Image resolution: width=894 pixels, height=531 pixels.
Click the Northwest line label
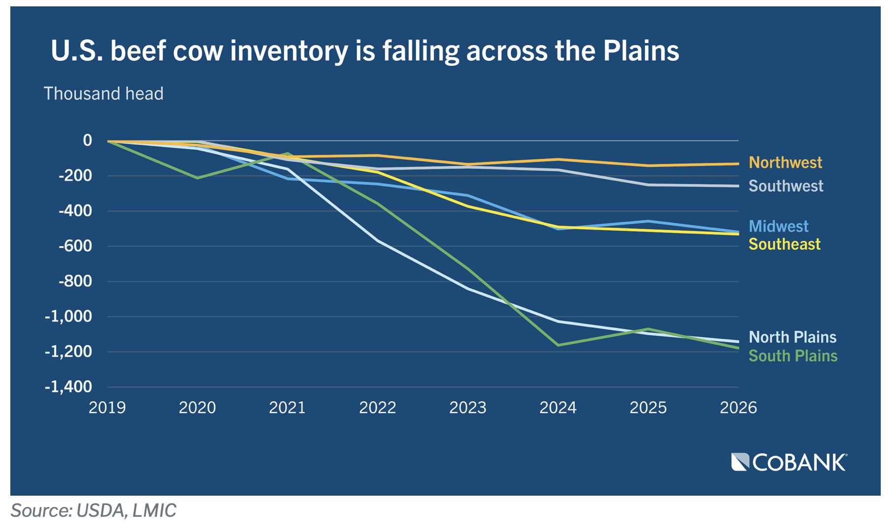click(x=785, y=162)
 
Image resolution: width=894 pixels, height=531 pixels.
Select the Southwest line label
click(x=785, y=186)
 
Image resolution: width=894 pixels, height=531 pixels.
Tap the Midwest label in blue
click(x=778, y=226)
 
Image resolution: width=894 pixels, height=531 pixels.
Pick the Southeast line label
click(x=784, y=244)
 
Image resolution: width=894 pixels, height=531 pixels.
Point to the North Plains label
click(x=792, y=337)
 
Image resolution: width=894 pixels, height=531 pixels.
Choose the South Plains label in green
click(x=793, y=356)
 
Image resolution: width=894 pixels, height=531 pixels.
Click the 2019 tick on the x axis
click(x=107, y=407)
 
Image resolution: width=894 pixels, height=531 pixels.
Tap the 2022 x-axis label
click(x=377, y=407)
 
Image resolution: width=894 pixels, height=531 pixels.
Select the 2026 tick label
click(x=738, y=407)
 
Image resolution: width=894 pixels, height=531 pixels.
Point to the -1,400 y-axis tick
click(x=68, y=387)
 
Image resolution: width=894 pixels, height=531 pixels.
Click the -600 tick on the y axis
click(x=75, y=246)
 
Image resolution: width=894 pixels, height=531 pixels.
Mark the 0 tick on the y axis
click(x=87, y=140)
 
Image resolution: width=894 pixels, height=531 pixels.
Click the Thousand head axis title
click(x=104, y=94)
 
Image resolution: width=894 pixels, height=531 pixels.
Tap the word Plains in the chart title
click(x=641, y=51)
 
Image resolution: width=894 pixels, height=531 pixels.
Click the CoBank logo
click(x=789, y=462)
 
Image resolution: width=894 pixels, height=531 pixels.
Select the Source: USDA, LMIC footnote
click(x=93, y=510)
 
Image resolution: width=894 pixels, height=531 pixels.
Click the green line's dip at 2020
click(x=197, y=178)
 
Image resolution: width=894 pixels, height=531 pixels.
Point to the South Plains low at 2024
click(x=558, y=345)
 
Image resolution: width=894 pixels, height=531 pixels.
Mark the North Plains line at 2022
click(x=378, y=240)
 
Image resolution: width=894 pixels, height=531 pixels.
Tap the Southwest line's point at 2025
click(x=648, y=185)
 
